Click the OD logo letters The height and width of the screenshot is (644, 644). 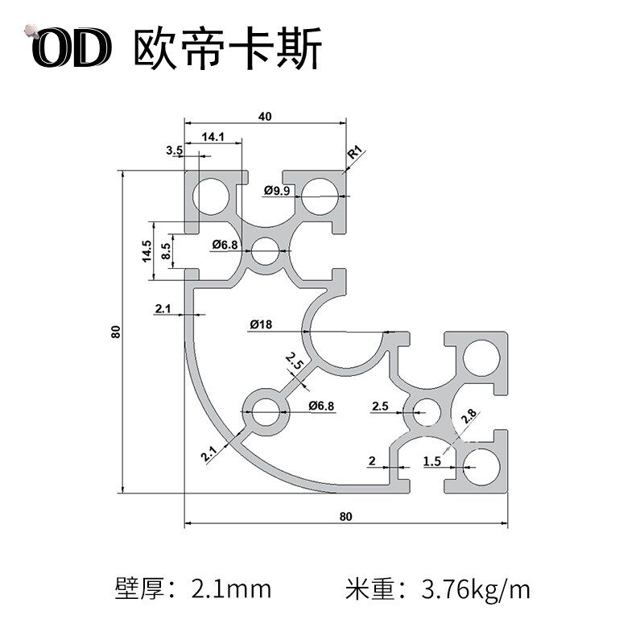[x=70, y=50]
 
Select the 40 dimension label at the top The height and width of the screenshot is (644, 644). [x=265, y=116]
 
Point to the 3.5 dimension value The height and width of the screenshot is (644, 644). [x=174, y=151]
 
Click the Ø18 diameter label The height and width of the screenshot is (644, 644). [x=262, y=325]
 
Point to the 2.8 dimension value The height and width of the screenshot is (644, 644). [x=469, y=418]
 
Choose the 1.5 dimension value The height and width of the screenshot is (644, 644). [x=431, y=460]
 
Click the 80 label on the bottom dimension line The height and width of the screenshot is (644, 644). [x=346, y=516]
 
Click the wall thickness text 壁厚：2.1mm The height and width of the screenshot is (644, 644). [x=193, y=589]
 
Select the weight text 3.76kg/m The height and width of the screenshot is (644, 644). [x=476, y=589]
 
